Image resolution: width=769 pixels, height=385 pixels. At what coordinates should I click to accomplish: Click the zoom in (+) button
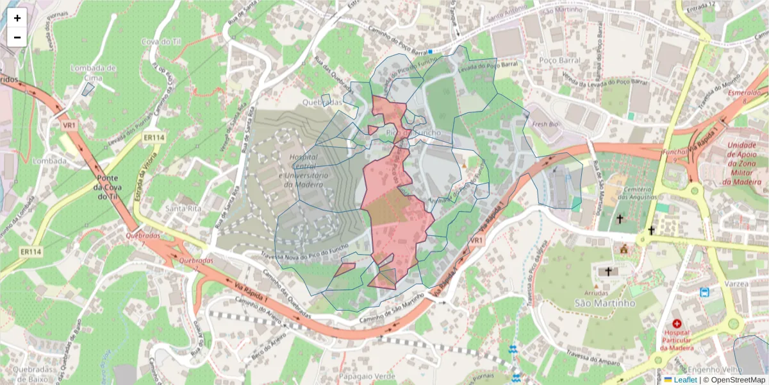(x=17, y=18)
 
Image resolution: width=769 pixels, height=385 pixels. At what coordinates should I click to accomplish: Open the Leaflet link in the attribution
(x=685, y=379)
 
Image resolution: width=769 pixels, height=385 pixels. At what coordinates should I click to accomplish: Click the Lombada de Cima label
(x=94, y=73)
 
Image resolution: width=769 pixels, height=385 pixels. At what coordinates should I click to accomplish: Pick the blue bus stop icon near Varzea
(x=705, y=293)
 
